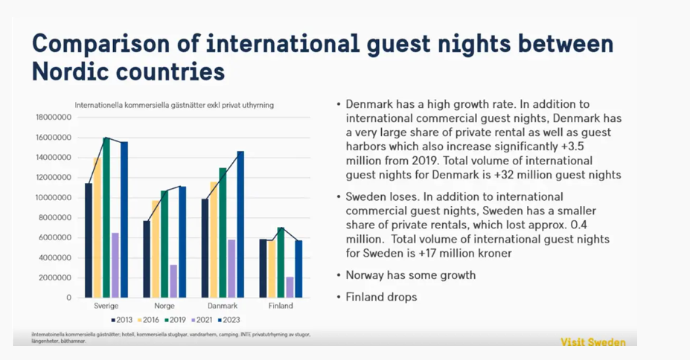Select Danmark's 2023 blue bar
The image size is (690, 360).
pos(240,224)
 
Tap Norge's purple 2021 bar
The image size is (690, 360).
pos(173,280)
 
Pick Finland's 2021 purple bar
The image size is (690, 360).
pos(290,287)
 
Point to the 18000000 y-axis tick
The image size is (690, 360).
pos(53,118)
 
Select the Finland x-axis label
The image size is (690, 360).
pos(281,306)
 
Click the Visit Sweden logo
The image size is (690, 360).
pos(592,342)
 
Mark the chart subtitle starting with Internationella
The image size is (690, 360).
pos(173,105)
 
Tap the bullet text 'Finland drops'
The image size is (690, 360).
pos(381,297)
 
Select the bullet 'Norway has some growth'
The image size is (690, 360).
pos(410,275)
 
